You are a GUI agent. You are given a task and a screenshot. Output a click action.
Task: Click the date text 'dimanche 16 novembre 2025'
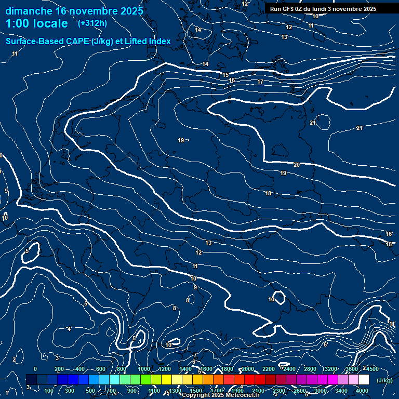click(x=74, y=11)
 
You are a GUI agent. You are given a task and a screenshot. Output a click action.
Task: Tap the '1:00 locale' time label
click(x=37, y=23)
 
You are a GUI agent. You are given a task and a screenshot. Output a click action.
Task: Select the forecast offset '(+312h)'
click(x=92, y=23)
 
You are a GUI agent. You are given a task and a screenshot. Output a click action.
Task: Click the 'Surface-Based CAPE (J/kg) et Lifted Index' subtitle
click(x=88, y=41)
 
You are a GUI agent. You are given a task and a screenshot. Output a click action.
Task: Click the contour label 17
click(x=260, y=82)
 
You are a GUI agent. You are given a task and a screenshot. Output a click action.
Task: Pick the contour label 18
click(x=268, y=193)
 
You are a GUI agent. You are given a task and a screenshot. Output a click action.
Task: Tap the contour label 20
click(x=297, y=165)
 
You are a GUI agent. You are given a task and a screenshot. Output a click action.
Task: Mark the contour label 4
click(x=69, y=329)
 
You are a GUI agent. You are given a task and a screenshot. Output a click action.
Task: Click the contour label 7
click(x=195, y=355)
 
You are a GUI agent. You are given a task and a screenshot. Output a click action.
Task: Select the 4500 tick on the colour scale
click(x=373, y=369)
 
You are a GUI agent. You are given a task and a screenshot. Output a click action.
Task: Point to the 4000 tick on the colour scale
click(x=363, y=391)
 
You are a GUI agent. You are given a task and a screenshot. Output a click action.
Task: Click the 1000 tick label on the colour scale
click(x=144, y=369)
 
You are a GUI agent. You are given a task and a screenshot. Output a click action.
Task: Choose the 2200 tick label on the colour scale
click(x=269, y=369)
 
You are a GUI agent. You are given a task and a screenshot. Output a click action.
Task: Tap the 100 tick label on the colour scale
click(x=49, y=391)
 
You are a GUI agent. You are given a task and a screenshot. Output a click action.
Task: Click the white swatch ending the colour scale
click(x=364, y=380)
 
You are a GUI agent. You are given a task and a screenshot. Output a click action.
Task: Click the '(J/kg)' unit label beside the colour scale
click(x=384, y=380)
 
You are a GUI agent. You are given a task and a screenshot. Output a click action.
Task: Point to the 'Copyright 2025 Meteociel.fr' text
click(x=220, y=395)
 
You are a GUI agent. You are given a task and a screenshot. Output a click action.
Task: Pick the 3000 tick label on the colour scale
click(x=321, y=391)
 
